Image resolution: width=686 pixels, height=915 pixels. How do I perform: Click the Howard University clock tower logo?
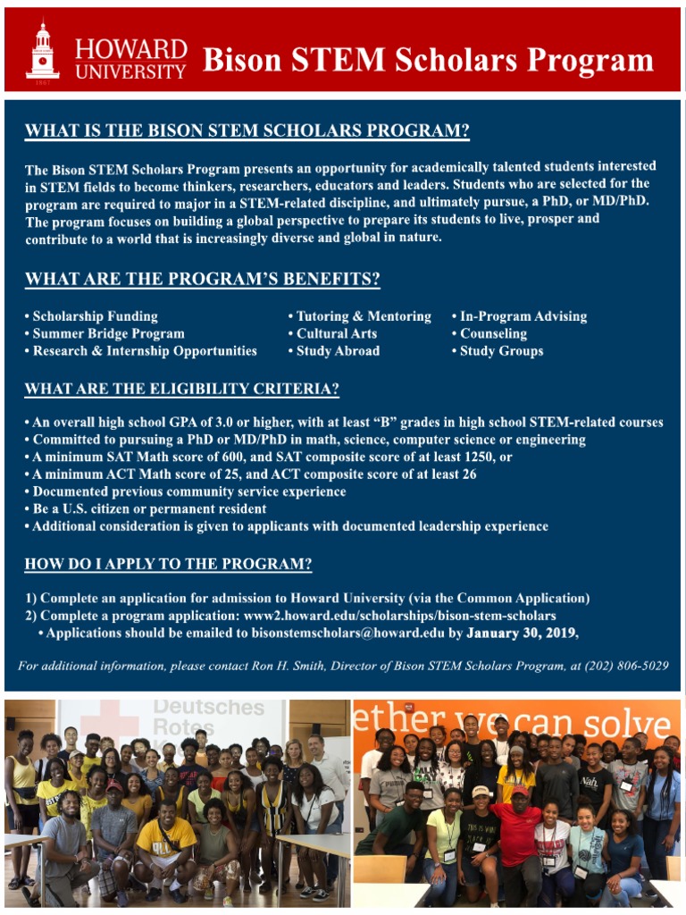click(42, 50)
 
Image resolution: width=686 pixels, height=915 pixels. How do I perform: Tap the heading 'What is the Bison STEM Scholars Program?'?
click(247, 130)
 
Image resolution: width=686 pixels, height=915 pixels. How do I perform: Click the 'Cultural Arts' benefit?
click(337, 333)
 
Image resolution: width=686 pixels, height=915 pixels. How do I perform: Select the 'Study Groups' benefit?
click(501, 351)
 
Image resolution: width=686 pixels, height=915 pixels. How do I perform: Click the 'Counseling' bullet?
click(493, 333)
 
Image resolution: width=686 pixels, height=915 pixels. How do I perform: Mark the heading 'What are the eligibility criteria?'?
click(181, 390)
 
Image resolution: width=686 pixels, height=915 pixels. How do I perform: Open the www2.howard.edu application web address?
click(399, 616)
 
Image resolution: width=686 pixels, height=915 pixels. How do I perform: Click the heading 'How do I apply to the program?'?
click(168, 565)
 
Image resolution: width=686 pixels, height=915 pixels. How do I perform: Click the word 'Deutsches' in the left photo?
click(209, 708)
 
